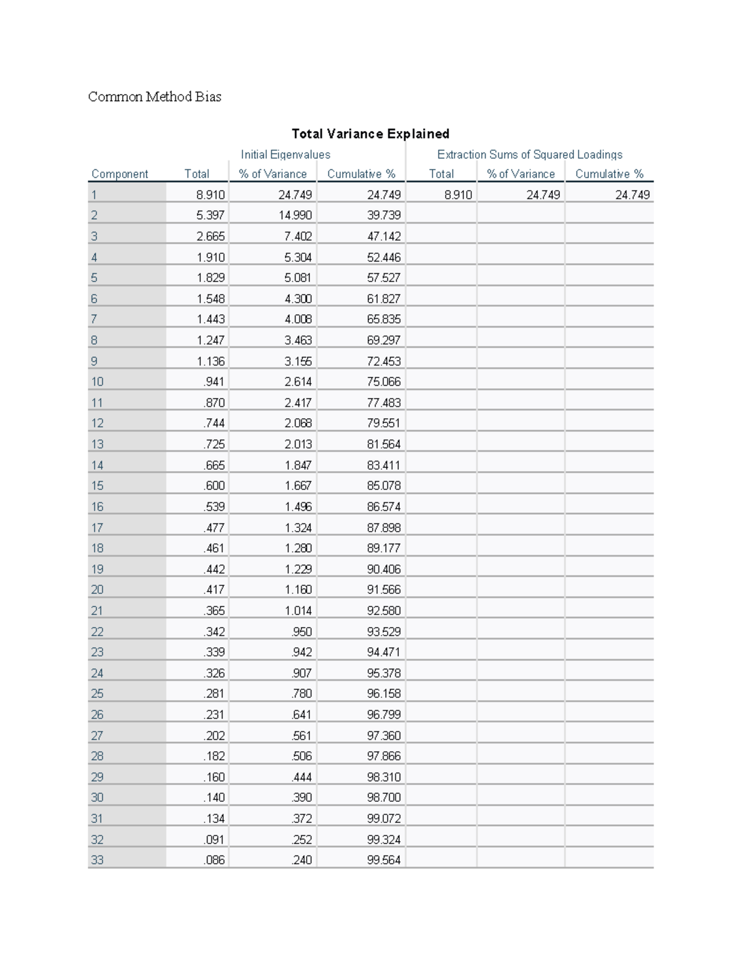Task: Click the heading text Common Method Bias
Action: [x=155, y=97]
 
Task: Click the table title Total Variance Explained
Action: [x=370, y=134]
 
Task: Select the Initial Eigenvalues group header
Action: [x=285, y=155]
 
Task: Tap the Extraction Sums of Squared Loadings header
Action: [x=530, y=155]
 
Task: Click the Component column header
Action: [x=120, y=174]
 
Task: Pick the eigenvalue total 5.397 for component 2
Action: [x=211, y=215]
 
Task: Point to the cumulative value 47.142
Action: [x=384, y=236]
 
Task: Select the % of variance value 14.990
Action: [x=295, y=215]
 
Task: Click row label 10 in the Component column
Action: [x=97, y=382]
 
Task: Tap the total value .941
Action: [x=214, y=382]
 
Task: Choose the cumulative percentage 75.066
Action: [x=384, y=382]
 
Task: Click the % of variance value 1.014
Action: [x=299, y=611]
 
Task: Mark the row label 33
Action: [x=97, y=860]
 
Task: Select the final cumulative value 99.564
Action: [x=384, y=860]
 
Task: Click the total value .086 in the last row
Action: [x=214, y=860]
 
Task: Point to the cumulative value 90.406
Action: [x=384, y=569]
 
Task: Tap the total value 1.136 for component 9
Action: [x=211, y=361]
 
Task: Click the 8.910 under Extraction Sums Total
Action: [x=458, y=195]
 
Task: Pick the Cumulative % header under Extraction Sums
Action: [x=609, y=174]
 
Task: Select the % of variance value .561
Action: [x=302, y=736]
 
